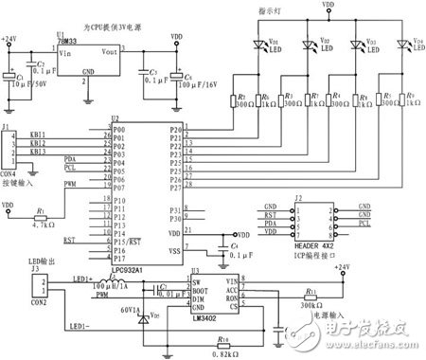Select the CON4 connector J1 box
[9, 146]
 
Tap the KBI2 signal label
[37, 144]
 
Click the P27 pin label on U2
[173, 186]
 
